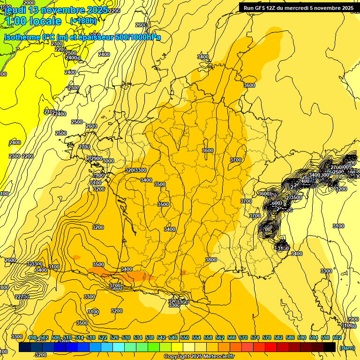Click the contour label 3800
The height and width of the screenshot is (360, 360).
click(x=211, y=259)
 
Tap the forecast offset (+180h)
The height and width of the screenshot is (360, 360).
click(x=83, y=21)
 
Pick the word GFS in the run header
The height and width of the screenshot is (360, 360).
click(x=260, y=7)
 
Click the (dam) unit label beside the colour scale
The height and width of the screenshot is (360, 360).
click(x=347, y=348)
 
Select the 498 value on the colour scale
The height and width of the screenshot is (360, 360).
click(x=32, y=337)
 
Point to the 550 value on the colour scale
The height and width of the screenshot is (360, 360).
click(x=184, y=337)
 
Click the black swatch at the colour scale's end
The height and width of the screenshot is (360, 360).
click(x=330, y=347)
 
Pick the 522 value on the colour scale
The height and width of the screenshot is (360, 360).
click(x=103, y=337)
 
